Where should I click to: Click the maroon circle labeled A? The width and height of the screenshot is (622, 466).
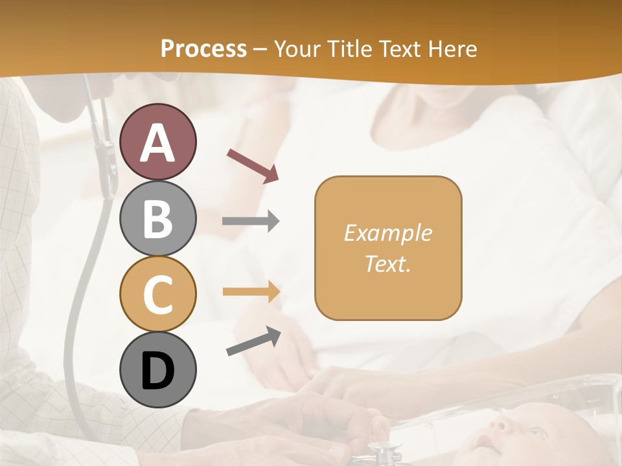pyautogui.click(x=157, y=142)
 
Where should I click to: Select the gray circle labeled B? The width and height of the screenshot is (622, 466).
pyautogui.click(x=157, y=218)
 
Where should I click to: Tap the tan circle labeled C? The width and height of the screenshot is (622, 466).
pyautogui.click(x=157, y=294)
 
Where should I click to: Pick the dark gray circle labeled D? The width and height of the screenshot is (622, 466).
pyautogui.click(x=157, y=370)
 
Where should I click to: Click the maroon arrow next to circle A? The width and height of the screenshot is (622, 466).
pyautogui.click(x=253, y=166)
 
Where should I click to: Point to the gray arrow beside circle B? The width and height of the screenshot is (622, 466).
pyautogui.click(x=251, y=221)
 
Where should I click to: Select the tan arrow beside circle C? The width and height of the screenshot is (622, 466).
pyautogui.click(x=251, y=292)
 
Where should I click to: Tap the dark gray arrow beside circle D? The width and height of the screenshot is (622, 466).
pyautogui.click(x=253, y=341)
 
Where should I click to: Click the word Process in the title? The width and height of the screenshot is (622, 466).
pyautogui.click(x=203, y=49)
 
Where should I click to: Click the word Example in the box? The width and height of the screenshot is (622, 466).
pyautogui.click(x=388, y=233)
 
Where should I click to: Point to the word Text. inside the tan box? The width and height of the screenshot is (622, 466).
pyautogui.click(x=388, y=263)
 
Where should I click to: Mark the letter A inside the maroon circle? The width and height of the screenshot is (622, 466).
pyautogui.click(x=157, y=142)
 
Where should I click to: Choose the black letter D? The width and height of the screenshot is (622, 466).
pyautogui.click(x=157, y=371)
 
